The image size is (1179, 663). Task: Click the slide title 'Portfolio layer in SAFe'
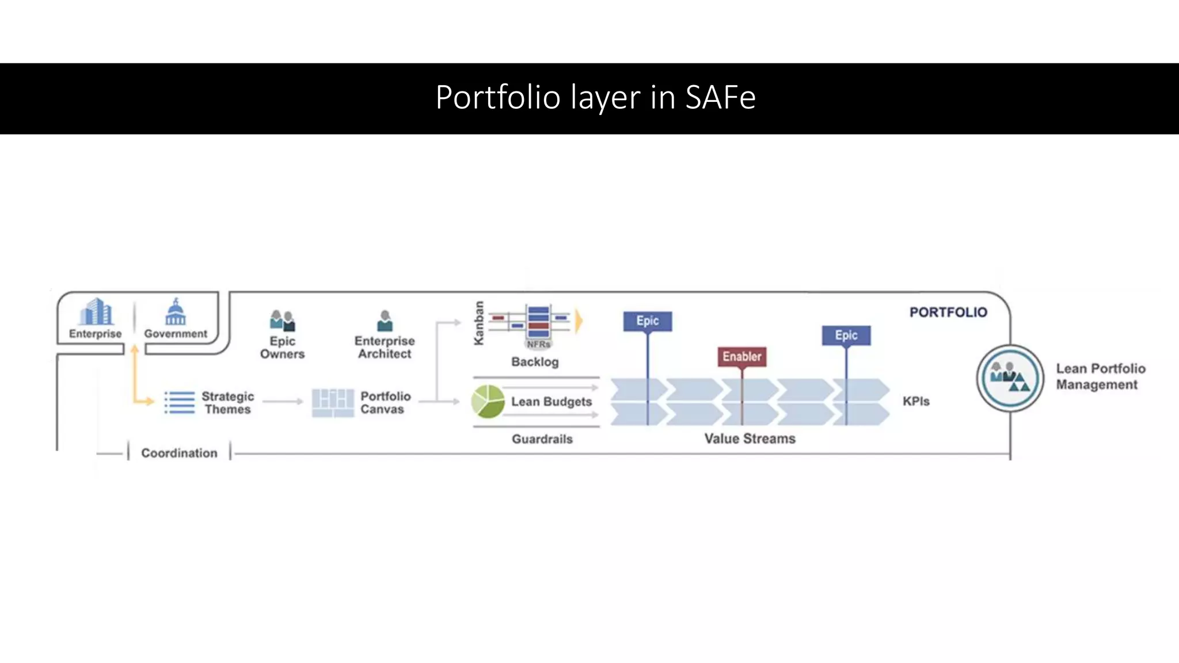click(x=595, y=97)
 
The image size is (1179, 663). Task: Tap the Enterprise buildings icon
click(x=96, y=312)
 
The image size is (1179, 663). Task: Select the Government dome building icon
click(x=176, y=312)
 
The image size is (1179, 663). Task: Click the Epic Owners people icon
click(x=282, y=321)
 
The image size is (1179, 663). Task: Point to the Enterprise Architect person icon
click(x=385, y=321)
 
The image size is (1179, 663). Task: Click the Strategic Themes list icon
click(x=180, y=402)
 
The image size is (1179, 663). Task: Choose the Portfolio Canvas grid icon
click(x=333, y=402)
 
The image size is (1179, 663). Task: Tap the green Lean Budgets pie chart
click(x=488, y=401)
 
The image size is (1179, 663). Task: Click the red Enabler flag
click(x=742, y=357)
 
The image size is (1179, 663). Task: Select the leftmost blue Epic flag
click(x=648, y=321)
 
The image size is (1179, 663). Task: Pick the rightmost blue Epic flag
click(x=846, y=336)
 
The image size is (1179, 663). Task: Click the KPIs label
click(x=916, y=401)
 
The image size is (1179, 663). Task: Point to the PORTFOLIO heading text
click(x=948, y=313)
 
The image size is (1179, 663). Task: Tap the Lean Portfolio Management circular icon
click(x=1010, y=378)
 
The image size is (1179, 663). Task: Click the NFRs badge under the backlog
click(x=538, y=344)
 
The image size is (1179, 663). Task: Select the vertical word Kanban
click(x=478, y=323)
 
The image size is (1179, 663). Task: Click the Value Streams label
click(x=750, y=439)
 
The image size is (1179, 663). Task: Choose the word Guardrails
click(x=542, y=439)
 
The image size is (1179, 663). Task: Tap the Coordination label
click(x=179, y=453)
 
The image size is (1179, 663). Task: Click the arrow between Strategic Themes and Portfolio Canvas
click(x=283, y=401)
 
